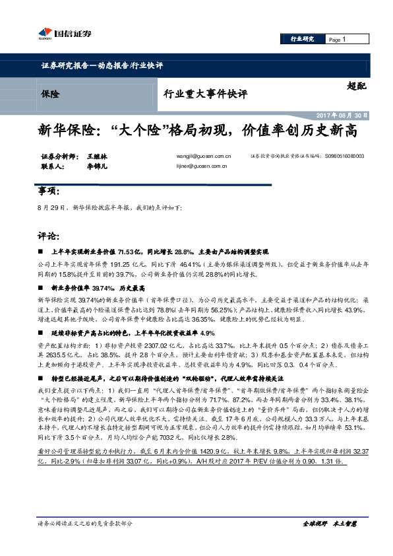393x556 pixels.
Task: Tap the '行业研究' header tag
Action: point(303,40)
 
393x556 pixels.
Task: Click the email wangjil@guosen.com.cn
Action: point(204,156)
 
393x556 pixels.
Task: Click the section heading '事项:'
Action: point(49,191)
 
